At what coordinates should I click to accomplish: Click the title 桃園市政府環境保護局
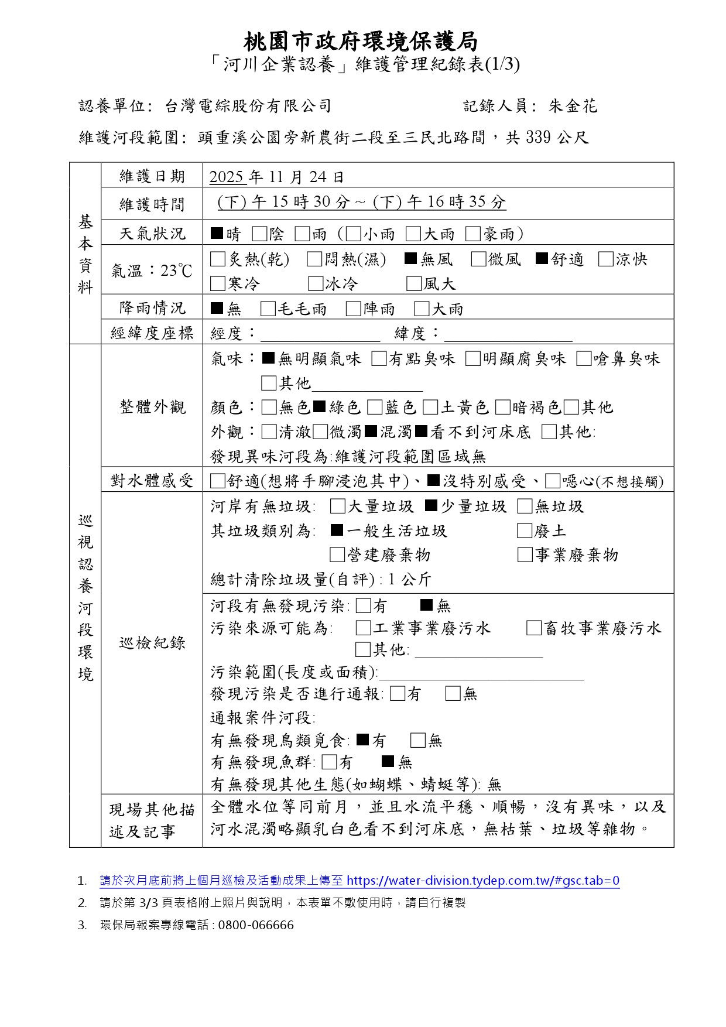(x=361, y=42)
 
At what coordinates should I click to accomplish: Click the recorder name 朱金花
(x=573, y=106)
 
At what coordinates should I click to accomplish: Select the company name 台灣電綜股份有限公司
(x=248, y=106)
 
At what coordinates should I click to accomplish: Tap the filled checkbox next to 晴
(x=217, y=234)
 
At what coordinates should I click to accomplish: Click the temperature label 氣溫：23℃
(x=152, y=271)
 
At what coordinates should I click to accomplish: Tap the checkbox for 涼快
(x=605, y=259)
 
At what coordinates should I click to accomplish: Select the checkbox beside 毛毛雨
(x=268, y=309)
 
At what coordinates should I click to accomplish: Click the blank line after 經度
(x=320, y=335)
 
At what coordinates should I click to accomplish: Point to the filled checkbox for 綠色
(x=319, y=406)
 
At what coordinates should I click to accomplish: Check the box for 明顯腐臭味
(x=472, y=359)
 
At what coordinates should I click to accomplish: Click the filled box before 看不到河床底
(x=421, y=432)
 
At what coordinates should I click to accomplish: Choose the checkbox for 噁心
(x=552, y=481)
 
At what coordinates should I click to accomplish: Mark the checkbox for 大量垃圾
(x=337, y=506)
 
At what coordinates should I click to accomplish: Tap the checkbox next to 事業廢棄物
(x=525, y=555)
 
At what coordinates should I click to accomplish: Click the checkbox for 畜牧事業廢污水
(x=533, y=628)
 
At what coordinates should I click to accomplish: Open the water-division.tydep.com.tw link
(x=483, y=881)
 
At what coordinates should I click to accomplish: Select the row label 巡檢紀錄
(x=152, y=643)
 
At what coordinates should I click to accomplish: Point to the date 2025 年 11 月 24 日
(x=276, y=177)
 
